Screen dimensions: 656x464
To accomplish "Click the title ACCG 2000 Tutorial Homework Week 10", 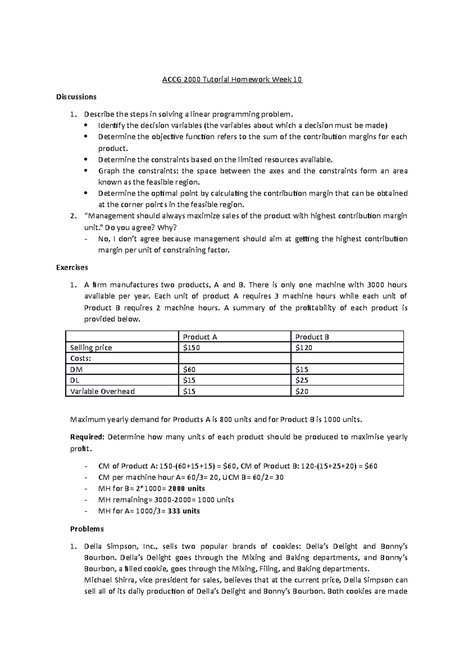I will [232, 80].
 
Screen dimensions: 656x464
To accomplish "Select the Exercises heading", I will [72, 267].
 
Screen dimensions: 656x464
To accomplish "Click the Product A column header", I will [200, 337].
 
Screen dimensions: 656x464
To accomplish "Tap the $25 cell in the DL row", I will [302, 381].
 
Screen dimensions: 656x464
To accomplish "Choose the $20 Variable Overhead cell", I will [302, 391].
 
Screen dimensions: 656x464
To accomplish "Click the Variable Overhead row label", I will [102, 391].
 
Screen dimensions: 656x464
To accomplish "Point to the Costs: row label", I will [80, 359].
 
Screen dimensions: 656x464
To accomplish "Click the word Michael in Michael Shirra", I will [97, 580].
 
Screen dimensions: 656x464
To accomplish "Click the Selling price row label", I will [91, 348].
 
